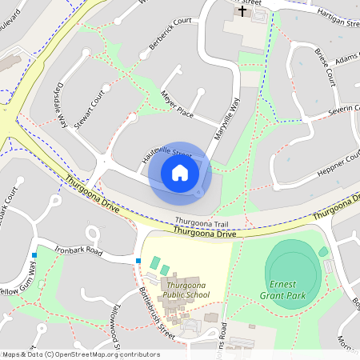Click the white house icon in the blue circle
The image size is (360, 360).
pos(180,172)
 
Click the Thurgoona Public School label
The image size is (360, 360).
pos(186,290)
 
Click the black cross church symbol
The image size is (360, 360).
pos(242,11)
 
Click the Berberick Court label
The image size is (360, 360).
pos(170,35)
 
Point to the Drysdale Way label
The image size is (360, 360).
pos(58,107)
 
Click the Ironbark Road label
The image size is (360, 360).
pos(79,251)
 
